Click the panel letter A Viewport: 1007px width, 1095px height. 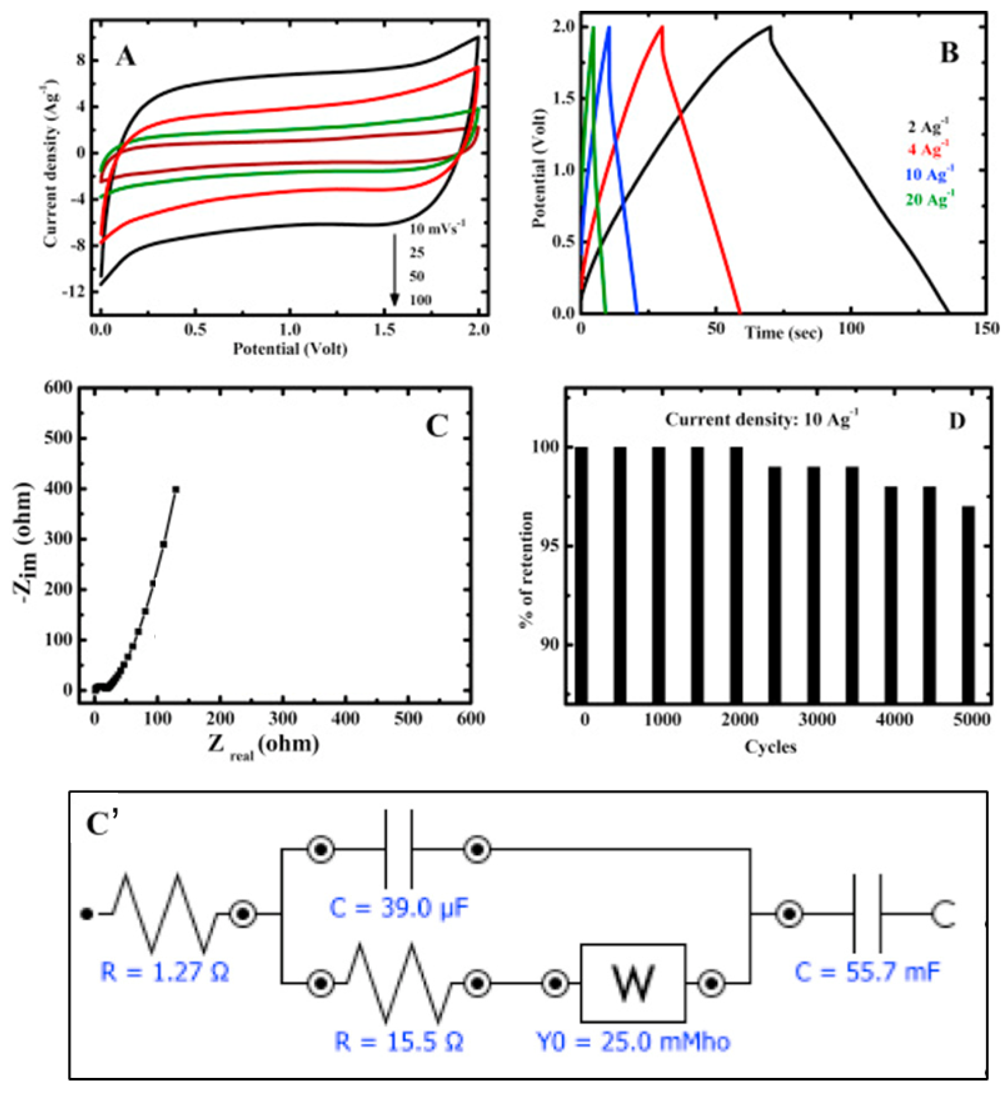coord(125,57)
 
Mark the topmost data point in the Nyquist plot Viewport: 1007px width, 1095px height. coord(176,489)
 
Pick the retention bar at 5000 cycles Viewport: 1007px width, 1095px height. coord(968,605)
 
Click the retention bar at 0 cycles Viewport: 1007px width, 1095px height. coord(581,575)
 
